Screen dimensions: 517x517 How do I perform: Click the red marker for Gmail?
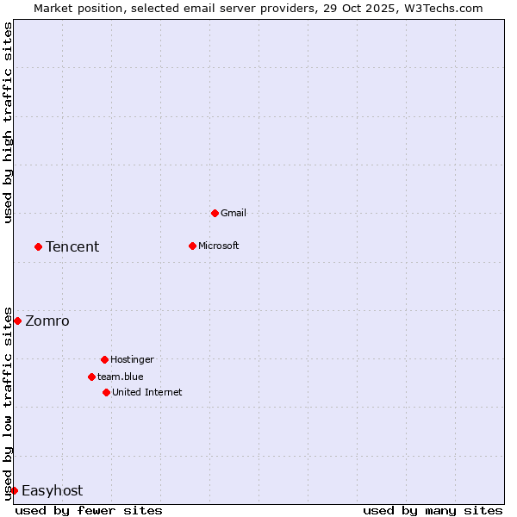(x=215, y=213)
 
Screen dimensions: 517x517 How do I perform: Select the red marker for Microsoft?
(x=192, y=246)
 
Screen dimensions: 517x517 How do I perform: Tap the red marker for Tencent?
(x=38, y=246)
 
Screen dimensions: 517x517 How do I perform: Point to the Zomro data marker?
(x=17, y=321)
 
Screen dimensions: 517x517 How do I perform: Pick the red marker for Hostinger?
(x=104, y=359)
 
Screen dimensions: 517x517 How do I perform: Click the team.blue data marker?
(x=91, y=377)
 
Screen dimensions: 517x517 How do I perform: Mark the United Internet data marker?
(x=106, y=392)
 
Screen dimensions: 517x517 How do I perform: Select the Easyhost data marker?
(x=14, y=490)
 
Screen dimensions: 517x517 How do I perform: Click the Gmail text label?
(x=234, y=213)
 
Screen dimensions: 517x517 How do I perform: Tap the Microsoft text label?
(x=219, y=246)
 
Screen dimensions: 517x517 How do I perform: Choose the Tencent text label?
(x=72, y=246)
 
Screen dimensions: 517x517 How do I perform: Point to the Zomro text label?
(x=47, y=321)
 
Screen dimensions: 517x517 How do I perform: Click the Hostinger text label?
(x=132, y=359)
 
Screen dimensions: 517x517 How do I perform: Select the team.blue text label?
(x=121, y=377)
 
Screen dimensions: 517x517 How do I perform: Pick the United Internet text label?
(x=147, y=392)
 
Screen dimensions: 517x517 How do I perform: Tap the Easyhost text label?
(x=52, y=490)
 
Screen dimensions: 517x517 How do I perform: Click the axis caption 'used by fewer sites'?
(x=89, y=510)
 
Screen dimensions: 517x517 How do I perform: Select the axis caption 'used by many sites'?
(x=433, y=510)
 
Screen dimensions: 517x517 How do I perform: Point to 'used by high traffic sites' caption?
(x=8, y=122)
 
